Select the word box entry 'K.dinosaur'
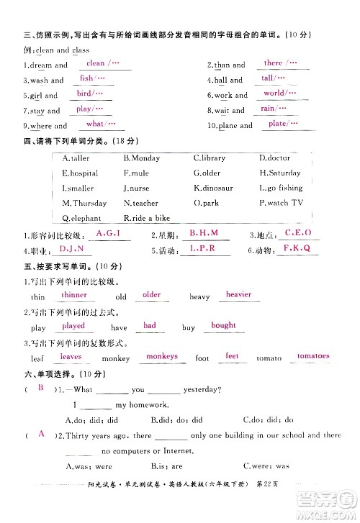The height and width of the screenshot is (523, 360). pyautogui.click(x=213, y=188)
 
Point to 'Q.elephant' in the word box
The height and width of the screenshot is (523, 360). pyautogui.click(x=82, y=218)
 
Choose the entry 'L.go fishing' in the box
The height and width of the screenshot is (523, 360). pyautogui.click(x=281, y=188)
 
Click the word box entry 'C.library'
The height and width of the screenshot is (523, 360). pyautogui.click(x=210, y=158)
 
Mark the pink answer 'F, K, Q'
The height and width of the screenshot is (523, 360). pyautogui.click(x=295, y=248)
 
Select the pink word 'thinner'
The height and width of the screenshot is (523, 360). pyautogui.click(x=74, y=295)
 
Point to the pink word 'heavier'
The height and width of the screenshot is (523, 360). pyautogui.click(x=238, y=294)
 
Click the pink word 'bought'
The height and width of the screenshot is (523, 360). pyautogui.click(x=223, y=325)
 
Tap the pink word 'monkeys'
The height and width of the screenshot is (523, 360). pyautogui.click(x=161, y=356)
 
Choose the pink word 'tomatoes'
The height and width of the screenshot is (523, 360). pyautogui.click(x=312, y=356)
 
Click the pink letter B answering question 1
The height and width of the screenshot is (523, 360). pyautogui.click(x=41, y=388)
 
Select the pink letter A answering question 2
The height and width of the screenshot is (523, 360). pyautogui.click(x=41, y=434)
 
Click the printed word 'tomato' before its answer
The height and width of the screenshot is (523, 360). pyautogui.click(x=269, y=358)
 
